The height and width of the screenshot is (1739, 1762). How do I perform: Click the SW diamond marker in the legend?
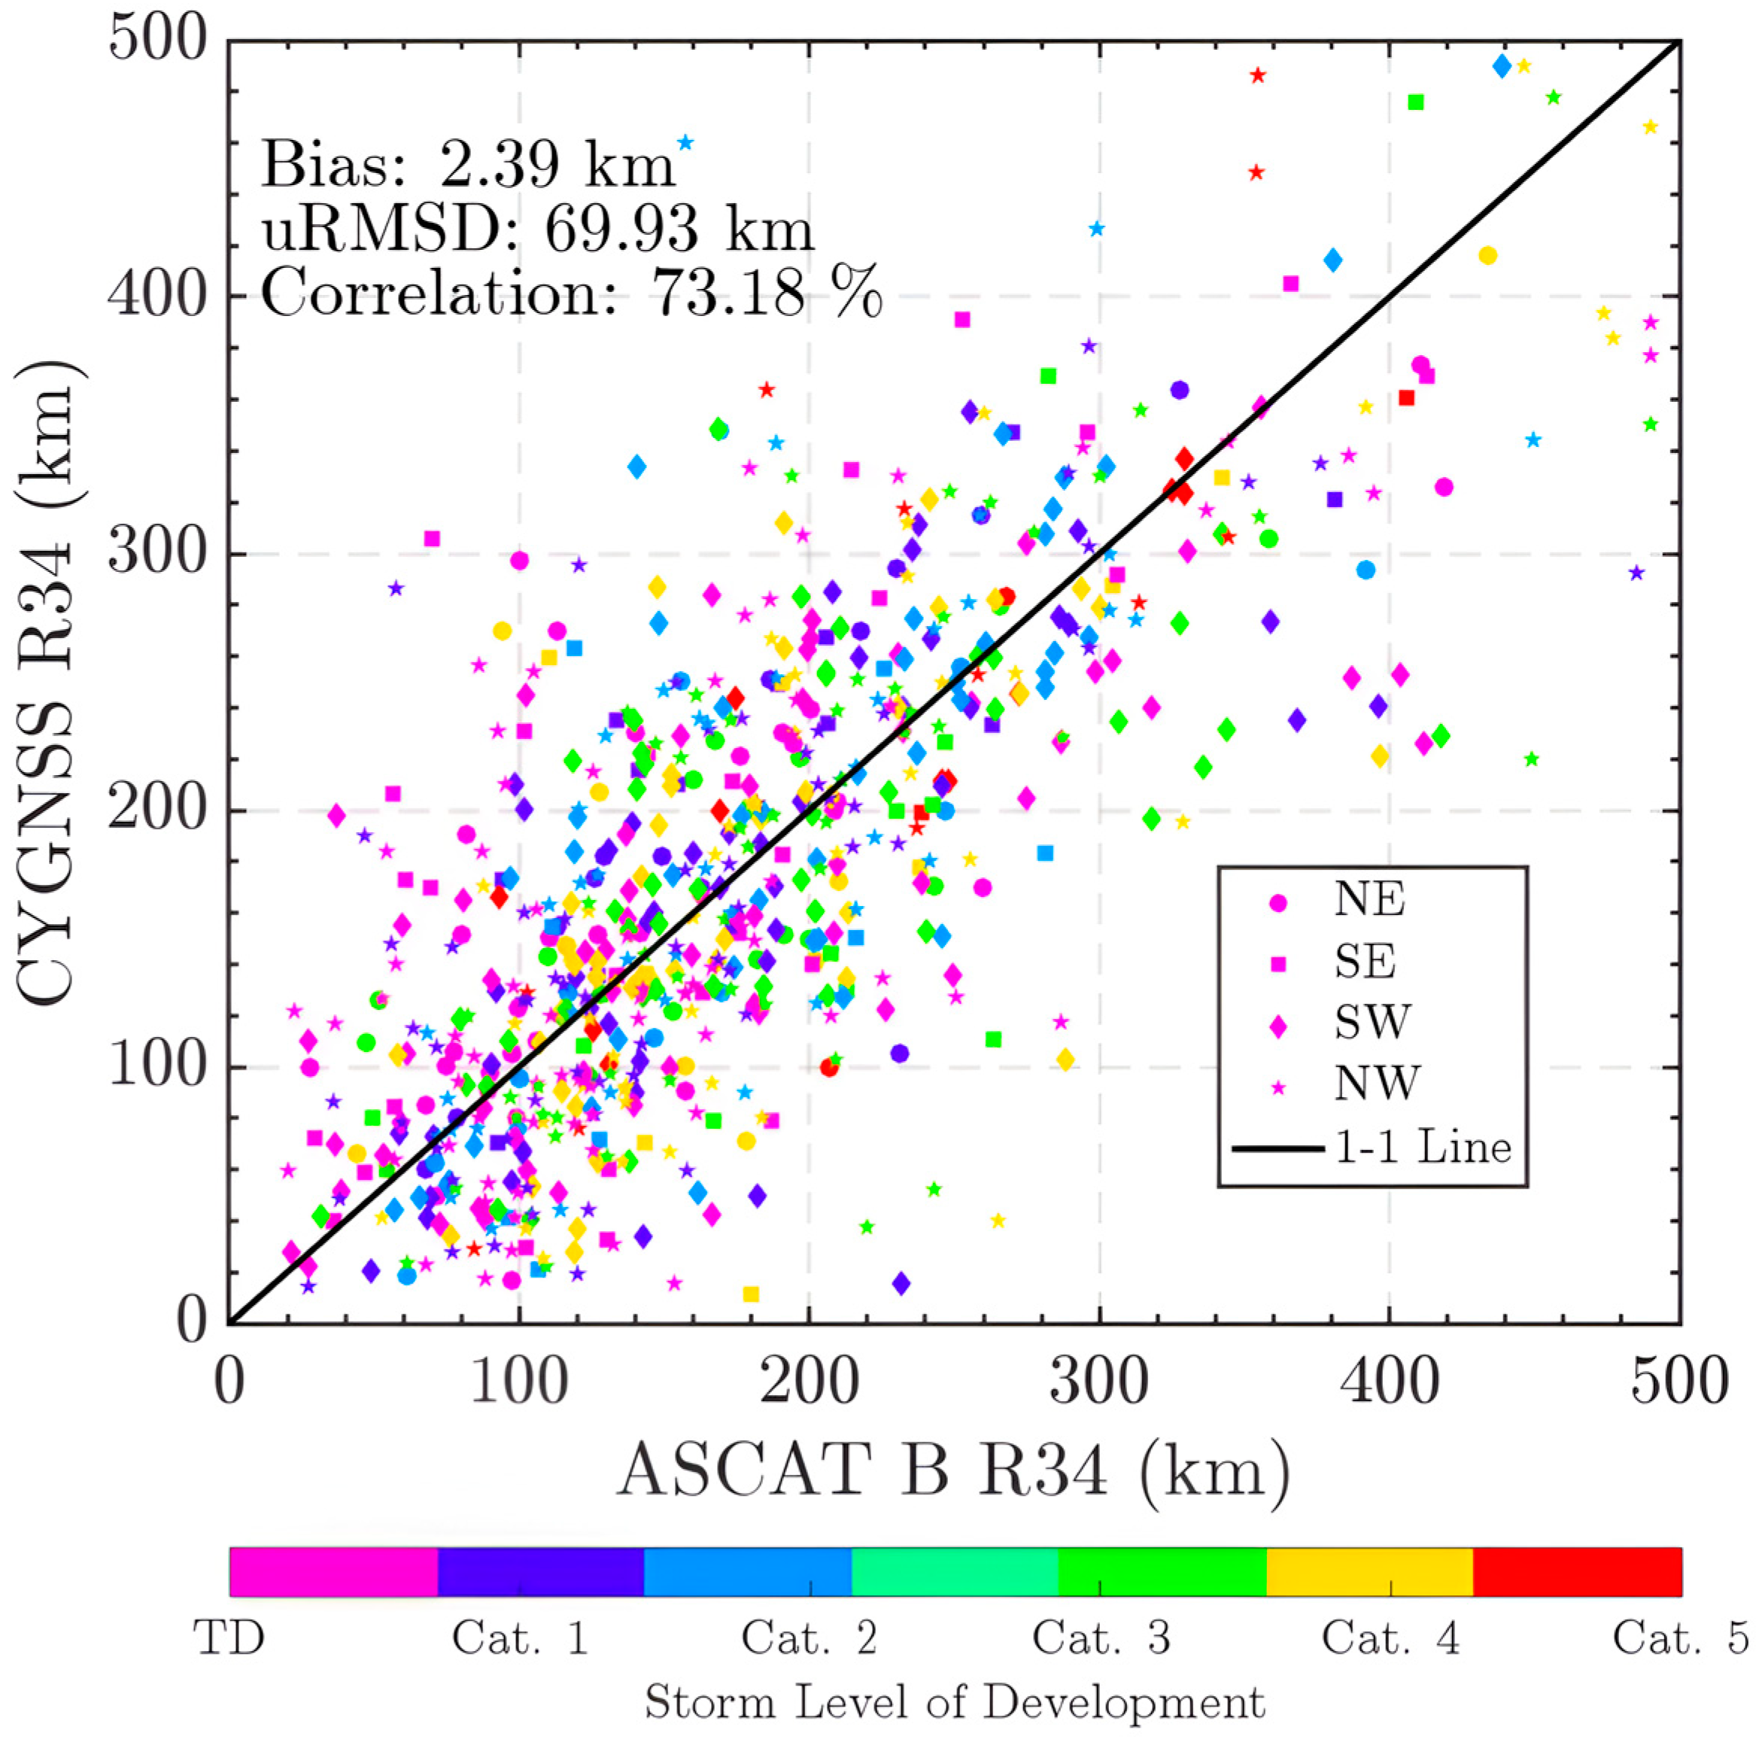[x=1279, y=1026]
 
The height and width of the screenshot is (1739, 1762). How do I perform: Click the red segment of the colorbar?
[x=1577, y=1573]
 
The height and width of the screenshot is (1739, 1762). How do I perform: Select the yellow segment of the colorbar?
[x=1369, y=1573]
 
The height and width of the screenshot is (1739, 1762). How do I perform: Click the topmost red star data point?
[x=1258, y=76]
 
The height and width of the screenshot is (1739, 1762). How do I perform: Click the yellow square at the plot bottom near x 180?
[x=751, y=1294]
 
